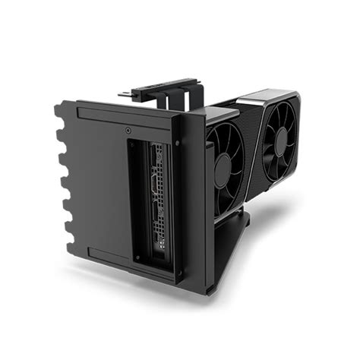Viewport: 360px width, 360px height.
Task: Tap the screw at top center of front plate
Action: point(127,129)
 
